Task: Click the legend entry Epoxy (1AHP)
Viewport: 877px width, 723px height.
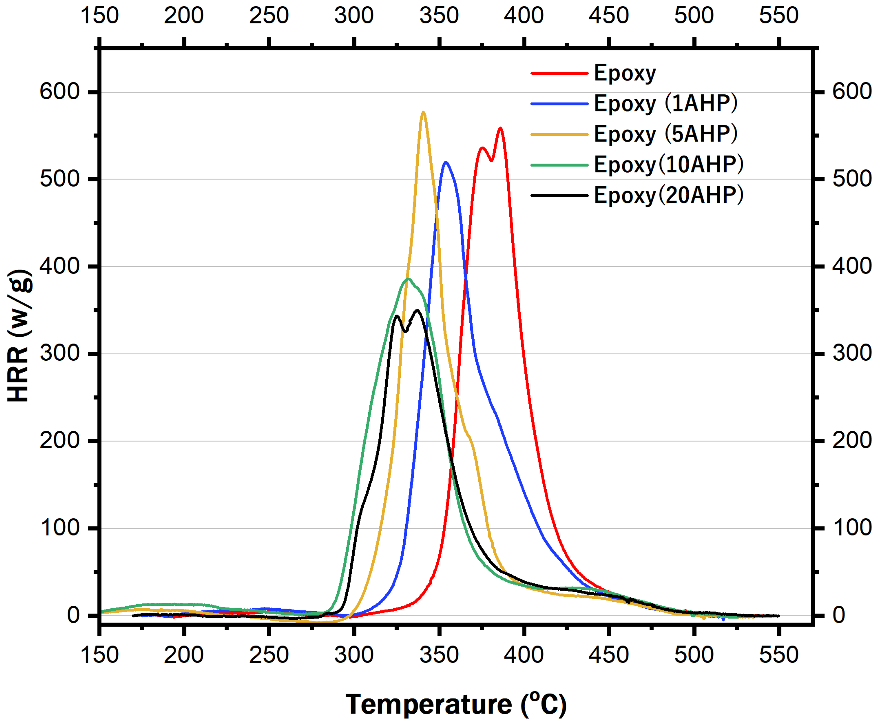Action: point(665,103)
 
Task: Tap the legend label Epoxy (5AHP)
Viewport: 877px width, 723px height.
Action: point(665,134)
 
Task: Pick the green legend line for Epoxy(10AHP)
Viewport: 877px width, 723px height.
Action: point(559,165)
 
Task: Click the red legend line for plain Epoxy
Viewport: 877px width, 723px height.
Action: point(559,73)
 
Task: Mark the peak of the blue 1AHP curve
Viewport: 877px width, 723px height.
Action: point(446,162)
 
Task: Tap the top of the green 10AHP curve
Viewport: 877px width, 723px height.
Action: point(408,279)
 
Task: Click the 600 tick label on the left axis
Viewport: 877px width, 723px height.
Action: point(60,91)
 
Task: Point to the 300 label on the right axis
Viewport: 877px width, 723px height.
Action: point(852,353)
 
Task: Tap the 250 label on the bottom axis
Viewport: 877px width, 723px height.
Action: point(269,655)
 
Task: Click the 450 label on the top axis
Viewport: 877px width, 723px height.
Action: point(609,15)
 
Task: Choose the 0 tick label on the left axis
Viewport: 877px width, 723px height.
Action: point(73,615)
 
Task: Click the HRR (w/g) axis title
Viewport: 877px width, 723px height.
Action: point(19,336)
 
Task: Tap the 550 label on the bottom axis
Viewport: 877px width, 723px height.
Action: point(778,655)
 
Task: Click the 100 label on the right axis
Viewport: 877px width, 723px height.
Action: point(852,528)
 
